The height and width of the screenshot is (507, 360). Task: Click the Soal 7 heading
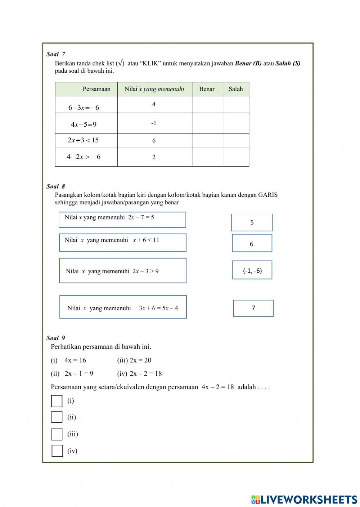click(56, 54)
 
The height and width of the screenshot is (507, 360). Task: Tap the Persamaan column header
click(96, 89)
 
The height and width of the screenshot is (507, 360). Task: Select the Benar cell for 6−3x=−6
click(207, 104)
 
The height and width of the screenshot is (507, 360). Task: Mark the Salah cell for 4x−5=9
click(236, 123)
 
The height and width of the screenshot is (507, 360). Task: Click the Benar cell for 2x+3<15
click(207, 141)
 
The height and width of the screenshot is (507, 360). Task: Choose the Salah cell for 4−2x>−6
click(236, 157)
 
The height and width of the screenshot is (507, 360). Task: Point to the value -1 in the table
click(154, 123)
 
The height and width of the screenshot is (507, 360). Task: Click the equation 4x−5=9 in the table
click(84, 125)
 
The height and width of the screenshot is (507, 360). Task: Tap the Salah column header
click(236, 89)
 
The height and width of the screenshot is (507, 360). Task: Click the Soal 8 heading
click(56, 186)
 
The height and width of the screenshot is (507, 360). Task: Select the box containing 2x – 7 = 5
click(122, 219)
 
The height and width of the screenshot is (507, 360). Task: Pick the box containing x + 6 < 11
click(122, 243)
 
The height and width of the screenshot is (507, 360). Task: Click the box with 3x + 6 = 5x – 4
click(123, 307)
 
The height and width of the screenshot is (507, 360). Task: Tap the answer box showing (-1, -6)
click(252, 270)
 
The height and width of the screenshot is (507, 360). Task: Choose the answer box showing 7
click(253, 308)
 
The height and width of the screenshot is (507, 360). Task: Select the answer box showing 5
click(252, 222)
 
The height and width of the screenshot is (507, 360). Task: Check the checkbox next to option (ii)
click(57, 417)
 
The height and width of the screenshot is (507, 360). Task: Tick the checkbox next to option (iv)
click(57, 451)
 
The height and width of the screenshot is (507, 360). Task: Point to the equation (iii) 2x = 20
click(134, 360)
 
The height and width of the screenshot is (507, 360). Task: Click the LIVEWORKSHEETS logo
click(304, 499)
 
